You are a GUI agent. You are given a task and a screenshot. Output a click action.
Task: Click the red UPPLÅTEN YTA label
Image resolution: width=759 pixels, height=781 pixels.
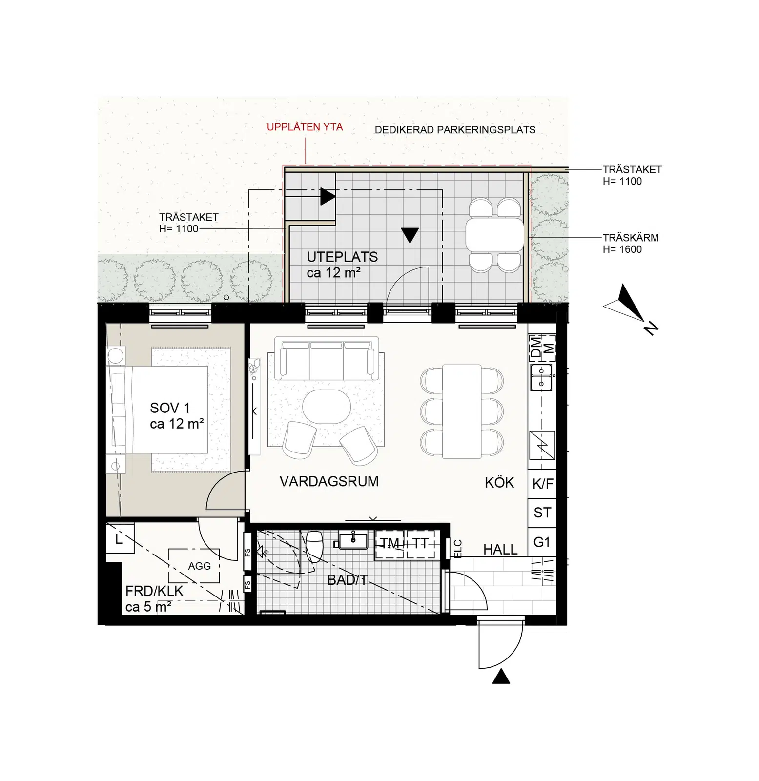pos(305,127)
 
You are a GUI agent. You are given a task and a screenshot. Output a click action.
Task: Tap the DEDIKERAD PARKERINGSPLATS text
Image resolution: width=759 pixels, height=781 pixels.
pos(455,130)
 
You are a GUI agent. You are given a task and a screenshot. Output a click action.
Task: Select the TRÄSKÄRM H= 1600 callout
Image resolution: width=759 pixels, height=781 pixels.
pos(631,244)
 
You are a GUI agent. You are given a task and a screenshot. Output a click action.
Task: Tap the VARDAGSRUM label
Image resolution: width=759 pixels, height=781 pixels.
pos(329,482)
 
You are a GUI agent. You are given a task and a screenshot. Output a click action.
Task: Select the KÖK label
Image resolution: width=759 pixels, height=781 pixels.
pos(499,483)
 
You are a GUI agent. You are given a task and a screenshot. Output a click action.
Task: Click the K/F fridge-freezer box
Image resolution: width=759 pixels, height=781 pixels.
pos(542,484)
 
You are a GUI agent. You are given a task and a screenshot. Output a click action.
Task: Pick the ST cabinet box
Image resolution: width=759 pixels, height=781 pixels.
pos(542,513)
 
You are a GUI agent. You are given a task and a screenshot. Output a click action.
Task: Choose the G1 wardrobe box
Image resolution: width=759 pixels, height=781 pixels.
pos(542,542)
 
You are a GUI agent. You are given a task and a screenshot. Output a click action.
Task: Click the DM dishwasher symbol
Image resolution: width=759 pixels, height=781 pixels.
pos(536,348)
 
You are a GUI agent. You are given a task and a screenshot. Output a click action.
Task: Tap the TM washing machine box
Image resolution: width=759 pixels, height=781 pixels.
pos(390,544)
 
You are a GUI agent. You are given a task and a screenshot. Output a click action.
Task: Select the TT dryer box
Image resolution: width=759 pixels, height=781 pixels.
pos(420,544)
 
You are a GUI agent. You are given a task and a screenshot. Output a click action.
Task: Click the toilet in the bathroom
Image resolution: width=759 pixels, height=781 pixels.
pos(314,547)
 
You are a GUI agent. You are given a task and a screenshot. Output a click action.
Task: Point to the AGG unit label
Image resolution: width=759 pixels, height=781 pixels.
pos(199,566)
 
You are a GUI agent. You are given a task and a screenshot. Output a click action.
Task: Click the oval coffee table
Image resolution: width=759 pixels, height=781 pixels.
pos(326,406)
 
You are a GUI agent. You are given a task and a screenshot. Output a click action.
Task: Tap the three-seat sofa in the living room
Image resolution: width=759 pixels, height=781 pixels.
pos(327,358)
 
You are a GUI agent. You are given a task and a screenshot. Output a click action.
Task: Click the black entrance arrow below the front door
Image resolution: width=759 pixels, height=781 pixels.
pos(501,677)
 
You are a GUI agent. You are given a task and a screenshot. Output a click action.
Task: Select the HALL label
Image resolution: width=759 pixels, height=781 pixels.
pos(500,550)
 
